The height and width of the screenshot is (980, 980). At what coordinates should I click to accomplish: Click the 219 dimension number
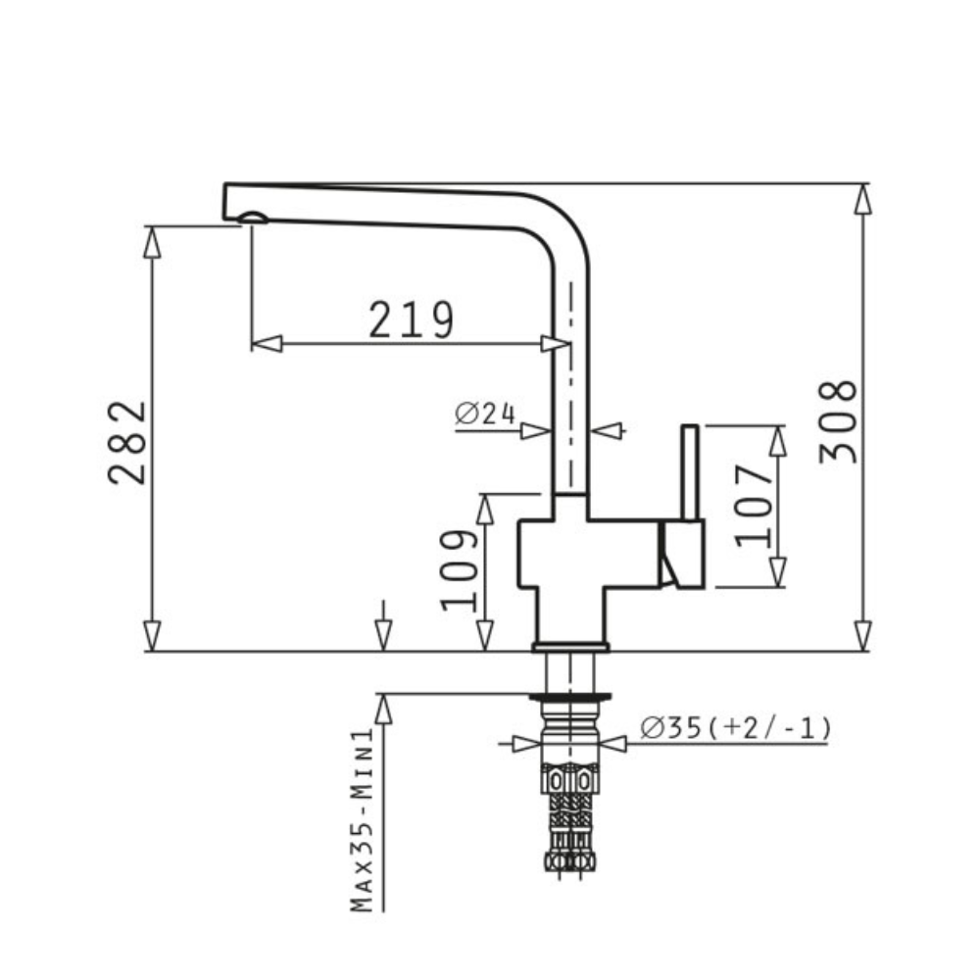[412, 319]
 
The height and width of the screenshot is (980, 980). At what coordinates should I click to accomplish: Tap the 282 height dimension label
[126, 443]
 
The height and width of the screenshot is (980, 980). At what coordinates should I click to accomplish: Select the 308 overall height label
[838, 421]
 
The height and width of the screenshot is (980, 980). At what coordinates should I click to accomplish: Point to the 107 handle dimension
[755, 506]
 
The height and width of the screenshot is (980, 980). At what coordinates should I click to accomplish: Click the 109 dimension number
[460, 570]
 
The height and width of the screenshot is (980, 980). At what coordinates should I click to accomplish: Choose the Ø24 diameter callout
[486, 414]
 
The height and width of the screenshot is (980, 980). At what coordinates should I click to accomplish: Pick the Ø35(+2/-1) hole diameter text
[736, 728]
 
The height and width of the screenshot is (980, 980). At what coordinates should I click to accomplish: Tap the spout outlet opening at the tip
[253, 219]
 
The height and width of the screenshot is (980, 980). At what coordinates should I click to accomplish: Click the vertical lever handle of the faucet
[690, 472]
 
